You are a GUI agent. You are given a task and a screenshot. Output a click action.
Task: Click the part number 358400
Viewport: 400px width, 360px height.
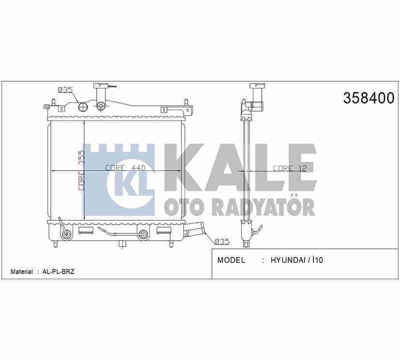(x=369, y=98)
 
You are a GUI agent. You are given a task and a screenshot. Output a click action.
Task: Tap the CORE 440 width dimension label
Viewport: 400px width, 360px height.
(x=125, y=168)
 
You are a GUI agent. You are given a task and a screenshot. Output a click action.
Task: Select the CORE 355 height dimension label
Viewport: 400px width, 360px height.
(x=81, y=170)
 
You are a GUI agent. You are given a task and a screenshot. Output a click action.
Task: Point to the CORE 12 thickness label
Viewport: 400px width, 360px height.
(x=290, y=168)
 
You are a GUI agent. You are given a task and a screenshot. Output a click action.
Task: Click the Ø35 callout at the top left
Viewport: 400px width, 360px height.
(x=65, y=90)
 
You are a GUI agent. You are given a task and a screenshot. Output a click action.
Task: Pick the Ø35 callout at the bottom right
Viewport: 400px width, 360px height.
(x=222, y=242)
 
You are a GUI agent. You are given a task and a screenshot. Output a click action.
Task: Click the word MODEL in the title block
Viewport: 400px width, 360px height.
(x=231, y=260)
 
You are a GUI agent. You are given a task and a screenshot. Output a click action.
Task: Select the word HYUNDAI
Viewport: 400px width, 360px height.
(x=288, y=260)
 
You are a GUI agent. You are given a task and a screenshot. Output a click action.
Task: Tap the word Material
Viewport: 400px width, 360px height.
(x=22, y=272)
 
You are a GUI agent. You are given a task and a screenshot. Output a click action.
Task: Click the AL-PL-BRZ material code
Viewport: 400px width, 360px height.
(x=59, y=272)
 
